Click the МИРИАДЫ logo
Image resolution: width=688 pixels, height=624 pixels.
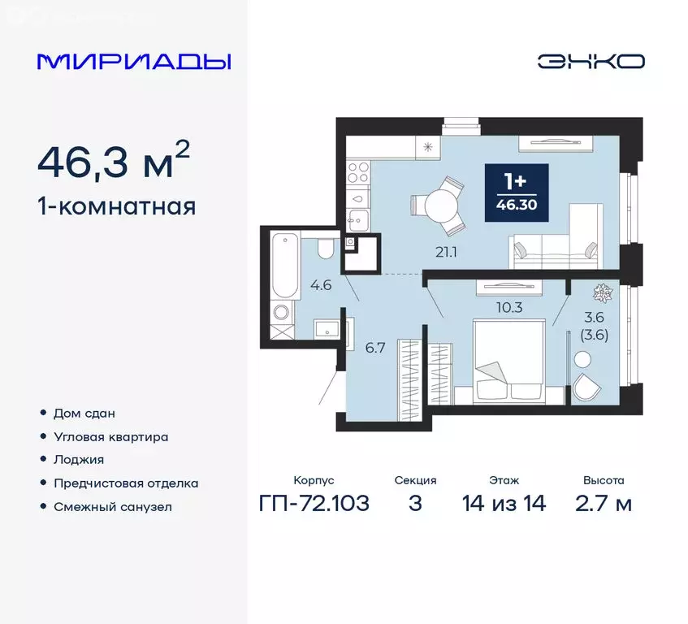tap(135, 62)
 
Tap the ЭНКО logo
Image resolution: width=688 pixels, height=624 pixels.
tap(591, 62)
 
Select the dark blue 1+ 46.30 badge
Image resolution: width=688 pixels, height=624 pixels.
tap(517, 192)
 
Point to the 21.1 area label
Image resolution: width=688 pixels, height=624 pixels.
tap(446, 252)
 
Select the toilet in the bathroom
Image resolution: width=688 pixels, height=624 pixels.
tap(326, 249)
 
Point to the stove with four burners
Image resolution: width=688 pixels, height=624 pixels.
tap(358, 172)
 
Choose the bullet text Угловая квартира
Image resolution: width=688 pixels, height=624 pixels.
tap(110, 436)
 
